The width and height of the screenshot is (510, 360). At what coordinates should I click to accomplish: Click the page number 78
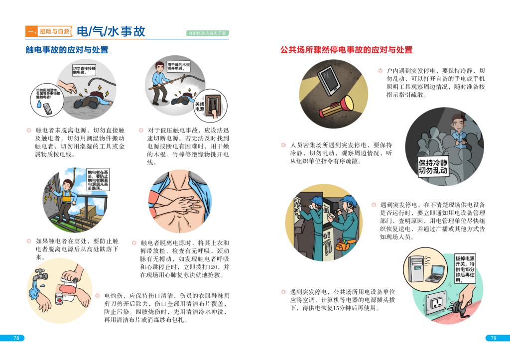[x=16, y=338]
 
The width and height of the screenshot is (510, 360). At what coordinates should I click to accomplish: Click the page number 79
[x=494, y=338]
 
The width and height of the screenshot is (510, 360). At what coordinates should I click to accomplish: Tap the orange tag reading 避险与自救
[x=55, y=31]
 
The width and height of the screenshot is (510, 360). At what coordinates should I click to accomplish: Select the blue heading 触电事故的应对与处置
[x=67, y=50]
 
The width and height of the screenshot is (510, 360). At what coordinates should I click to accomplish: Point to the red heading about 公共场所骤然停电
[x=347, y=50]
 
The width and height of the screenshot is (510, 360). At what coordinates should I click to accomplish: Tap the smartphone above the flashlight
[x=329, y=80]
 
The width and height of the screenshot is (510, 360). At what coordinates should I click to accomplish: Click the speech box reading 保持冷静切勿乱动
[x=433, y=166]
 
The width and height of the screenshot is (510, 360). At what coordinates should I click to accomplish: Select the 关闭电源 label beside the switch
[x=199, y=107]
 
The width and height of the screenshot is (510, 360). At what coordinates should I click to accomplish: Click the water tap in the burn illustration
[x=41, y=275]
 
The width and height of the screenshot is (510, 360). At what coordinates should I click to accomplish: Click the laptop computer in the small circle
[x=435, y=273]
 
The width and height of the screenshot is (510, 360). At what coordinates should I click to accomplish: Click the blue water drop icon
[x=39, y=104]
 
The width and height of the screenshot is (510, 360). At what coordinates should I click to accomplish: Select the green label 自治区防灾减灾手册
[x=208, y=33]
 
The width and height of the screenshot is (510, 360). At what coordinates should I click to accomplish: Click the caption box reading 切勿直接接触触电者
[x=84, y=70]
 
